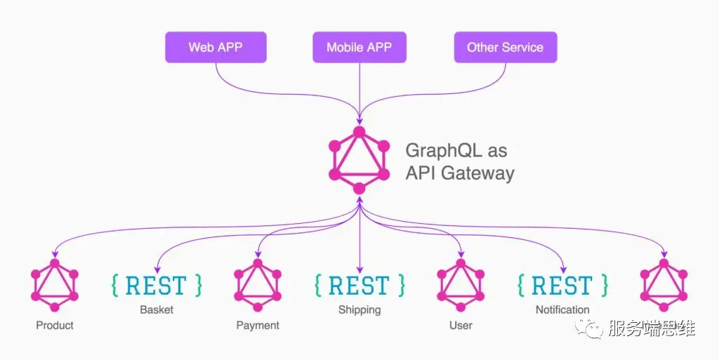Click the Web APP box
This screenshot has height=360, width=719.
click(216, 48)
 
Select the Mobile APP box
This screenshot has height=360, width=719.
click(359, 48)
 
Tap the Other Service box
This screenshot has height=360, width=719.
click(505, 48)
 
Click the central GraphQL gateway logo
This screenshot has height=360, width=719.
click(359, 160)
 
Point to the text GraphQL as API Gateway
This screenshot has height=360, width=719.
click(459, 162)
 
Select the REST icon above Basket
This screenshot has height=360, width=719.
click(157, 285)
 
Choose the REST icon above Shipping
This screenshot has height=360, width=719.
click(359, 285)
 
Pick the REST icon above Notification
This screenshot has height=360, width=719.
click(562, 285)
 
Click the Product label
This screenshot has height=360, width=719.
click(55, 325)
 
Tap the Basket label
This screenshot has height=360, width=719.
click(157, 309)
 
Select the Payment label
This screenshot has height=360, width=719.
click(258, 325)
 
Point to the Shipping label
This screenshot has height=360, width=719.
click(359, 309)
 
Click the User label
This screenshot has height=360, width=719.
click(461, 325)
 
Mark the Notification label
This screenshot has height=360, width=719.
click(562, 309)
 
